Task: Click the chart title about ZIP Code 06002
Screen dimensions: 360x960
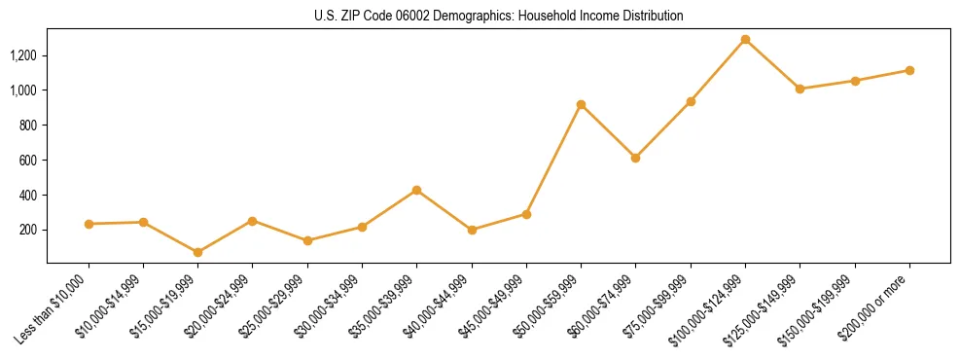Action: [x=499, y=17]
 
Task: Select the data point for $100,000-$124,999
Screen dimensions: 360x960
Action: [x=745, y=40]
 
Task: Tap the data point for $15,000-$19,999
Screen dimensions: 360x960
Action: [x=197, y=252]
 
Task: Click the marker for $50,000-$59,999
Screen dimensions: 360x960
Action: [x=581, y=104]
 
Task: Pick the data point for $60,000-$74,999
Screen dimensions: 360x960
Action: [x=635, y=158]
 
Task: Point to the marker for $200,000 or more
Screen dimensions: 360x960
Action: [x=909, y=70]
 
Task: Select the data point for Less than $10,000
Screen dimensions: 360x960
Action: [x=89, y=224]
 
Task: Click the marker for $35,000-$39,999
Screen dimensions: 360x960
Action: [x=416, y=190]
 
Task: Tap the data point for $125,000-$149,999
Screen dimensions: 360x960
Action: [x=800, y=89]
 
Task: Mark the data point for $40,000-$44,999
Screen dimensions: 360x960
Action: [x=472, y=230]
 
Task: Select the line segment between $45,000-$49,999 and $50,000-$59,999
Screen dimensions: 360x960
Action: [x=553, y=160]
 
